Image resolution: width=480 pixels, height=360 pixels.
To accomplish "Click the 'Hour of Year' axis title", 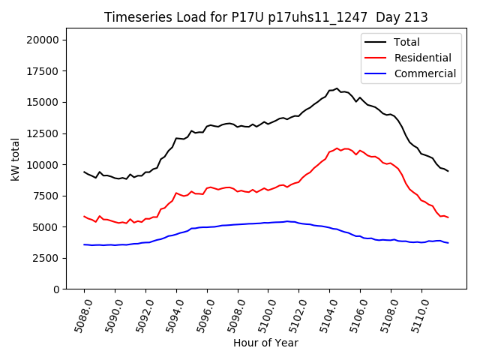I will click(x=265, y=343).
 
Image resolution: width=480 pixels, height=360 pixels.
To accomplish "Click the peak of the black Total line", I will click(x=337, y=88).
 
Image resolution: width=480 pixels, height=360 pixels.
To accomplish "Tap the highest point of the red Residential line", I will click(x=337, y=148).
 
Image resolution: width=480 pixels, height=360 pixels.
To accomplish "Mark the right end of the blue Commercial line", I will click(x=448, y=243).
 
